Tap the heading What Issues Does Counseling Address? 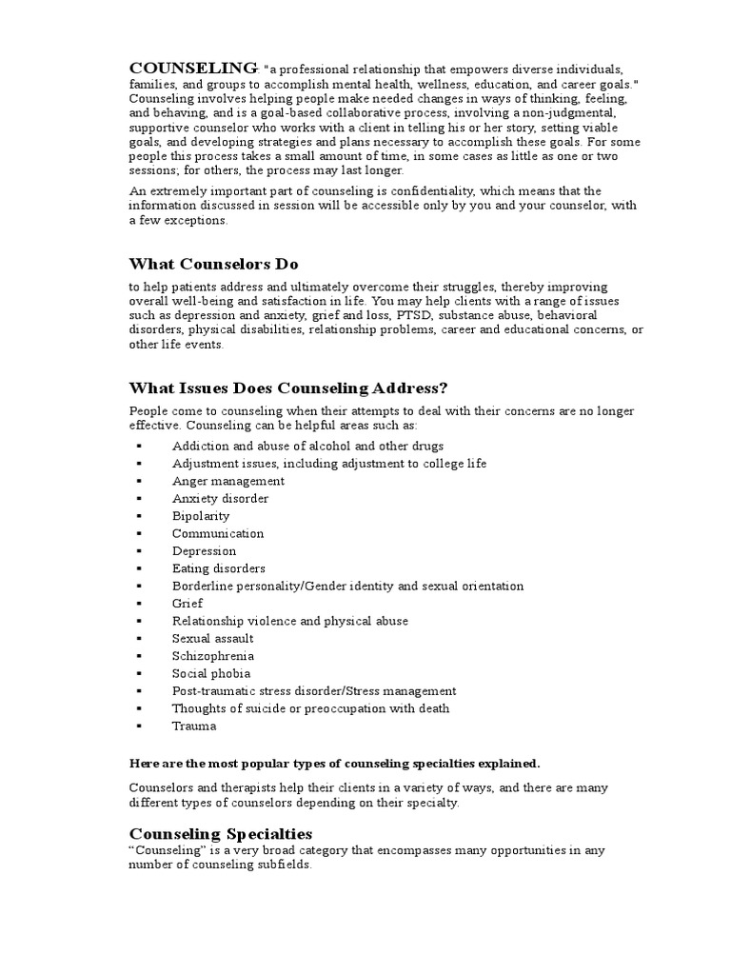pyautogui.click(x=287, y=388)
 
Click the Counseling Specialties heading pyautogui.click(x=220, y=832)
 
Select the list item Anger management pyautogui.click(x=228, y=481)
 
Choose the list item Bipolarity pyautogui.click(x=201, y=516)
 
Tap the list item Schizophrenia pyautogui.click(x=213, y=656)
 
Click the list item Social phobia pyautogui.click(x=211, y=673)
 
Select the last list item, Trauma pyautogui.click(x=194, y=726)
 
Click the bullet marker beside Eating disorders pyautogui.click(x=139, y=568)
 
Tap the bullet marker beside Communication pyautogui.click(x=139, y=533)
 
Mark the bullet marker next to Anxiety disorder pyautogui.click(x=139, y=499)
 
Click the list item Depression pyautogui.click(x=204, y=551)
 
